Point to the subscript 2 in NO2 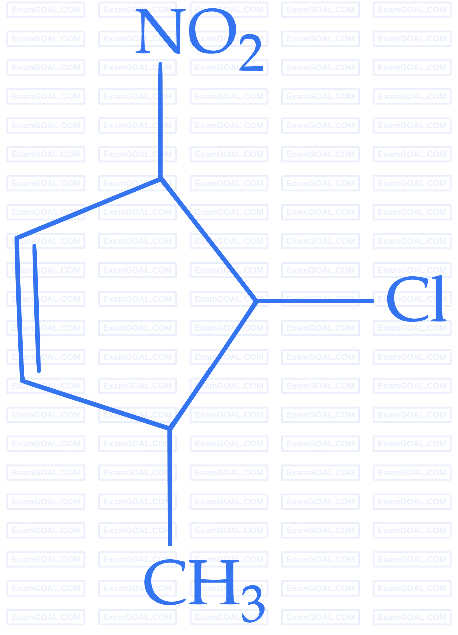(250, 53)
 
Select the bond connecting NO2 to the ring (161, 120)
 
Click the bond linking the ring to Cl (315, 300)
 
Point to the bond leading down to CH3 (170, 486)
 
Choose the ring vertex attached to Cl (255, 300)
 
